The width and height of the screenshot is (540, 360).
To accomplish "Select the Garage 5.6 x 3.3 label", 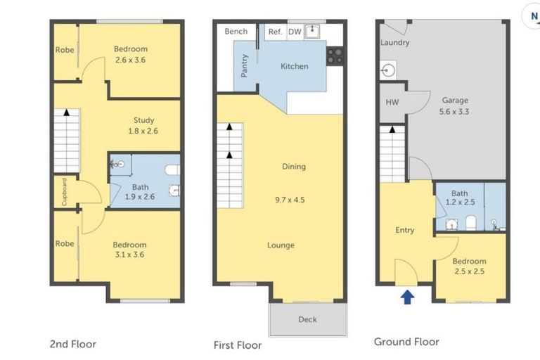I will [454, 105].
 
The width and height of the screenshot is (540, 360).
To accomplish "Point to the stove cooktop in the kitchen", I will [335, 56].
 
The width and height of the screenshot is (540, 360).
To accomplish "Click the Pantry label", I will [245, 65].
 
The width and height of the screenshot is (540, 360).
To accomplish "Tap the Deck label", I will [307, 319].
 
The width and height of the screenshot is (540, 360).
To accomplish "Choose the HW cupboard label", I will [392, 102].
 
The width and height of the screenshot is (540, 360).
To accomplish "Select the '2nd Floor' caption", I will [72, 344].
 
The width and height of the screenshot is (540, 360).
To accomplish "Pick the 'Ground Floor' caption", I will [406, 342].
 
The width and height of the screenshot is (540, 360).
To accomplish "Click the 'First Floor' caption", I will [238, 345].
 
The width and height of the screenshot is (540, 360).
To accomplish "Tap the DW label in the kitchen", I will [295, 32].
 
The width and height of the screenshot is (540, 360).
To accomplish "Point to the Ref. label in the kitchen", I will [275, 32].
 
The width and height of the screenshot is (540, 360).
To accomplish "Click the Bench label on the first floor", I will [236, 32].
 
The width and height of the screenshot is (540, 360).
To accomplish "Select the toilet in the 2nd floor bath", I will [171, 169].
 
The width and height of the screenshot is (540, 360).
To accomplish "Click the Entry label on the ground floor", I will [404, 230].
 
